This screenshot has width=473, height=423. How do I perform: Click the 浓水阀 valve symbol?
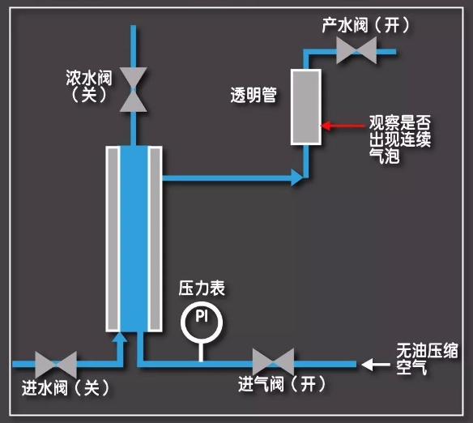click(134, 90)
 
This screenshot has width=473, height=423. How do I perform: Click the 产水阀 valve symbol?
click(356, 51)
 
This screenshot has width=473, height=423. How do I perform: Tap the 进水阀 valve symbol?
click(56, 365)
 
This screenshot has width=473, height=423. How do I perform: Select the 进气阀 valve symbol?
click(273, 363)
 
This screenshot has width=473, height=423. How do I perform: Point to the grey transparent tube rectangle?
click(306, 107)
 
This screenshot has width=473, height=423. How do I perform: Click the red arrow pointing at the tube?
click(343, 126)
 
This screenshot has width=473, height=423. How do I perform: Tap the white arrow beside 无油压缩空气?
click(376, 365)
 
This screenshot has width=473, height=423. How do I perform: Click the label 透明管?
click(254, 95)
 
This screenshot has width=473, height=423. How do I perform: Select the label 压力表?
click(202, 288)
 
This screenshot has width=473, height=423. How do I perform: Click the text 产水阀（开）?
click(366, 25)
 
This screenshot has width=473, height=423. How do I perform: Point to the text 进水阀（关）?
click(66, 387)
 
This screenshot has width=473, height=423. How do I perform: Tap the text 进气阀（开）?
click(282, 384)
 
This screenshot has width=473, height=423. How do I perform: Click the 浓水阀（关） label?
click(89, 86)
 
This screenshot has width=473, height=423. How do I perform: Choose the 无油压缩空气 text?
click(427, 359)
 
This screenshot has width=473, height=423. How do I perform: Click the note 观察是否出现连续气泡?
click(400, 139)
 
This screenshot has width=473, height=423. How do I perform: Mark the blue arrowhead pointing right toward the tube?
click(297, 177)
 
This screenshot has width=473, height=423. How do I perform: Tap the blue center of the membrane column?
click(134, 239)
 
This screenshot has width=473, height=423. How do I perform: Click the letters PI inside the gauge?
click(202, 316)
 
